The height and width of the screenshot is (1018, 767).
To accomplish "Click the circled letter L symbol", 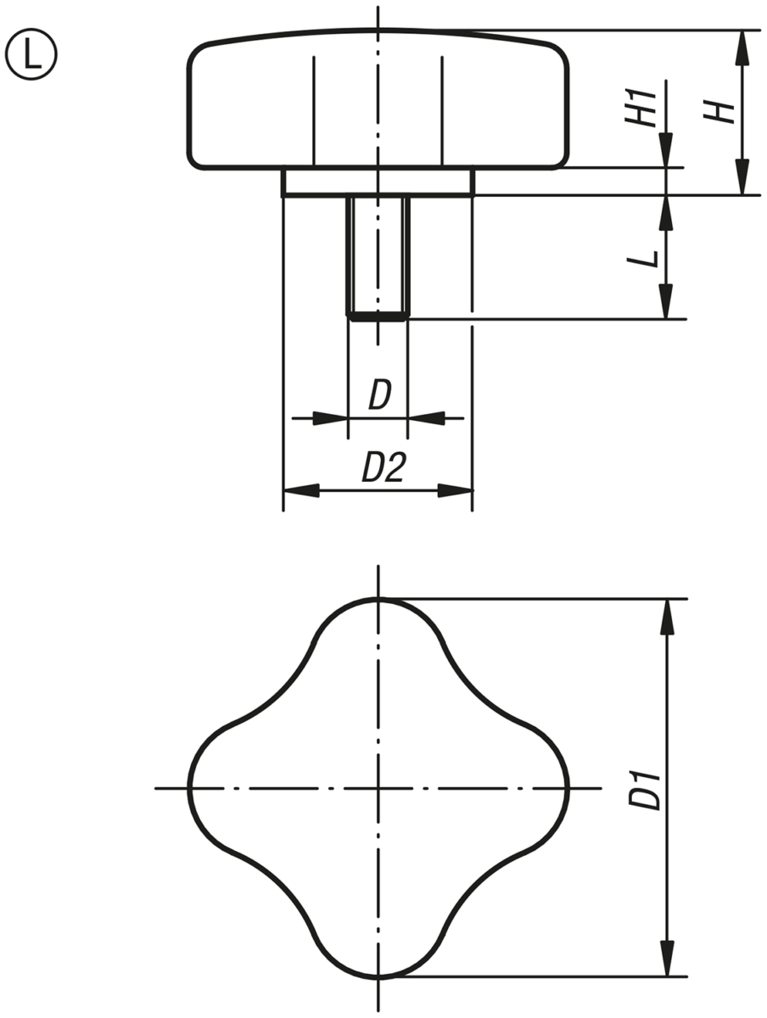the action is (x=31, y=54).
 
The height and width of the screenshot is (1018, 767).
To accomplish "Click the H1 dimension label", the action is (x=641, y=107).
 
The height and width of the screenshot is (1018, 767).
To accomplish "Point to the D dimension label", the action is (x=380, y=394).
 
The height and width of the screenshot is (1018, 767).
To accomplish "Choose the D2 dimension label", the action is (x=384, y=467).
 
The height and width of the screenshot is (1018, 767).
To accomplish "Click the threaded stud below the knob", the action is (x=378, y=257).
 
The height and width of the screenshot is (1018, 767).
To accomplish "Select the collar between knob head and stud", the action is (x=378, y=182).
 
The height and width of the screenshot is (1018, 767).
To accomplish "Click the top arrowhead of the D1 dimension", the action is (x=667, y=617).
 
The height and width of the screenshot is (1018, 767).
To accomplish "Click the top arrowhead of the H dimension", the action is (x=742, y=48).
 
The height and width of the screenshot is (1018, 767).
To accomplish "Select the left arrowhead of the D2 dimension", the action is (x=301, y=490).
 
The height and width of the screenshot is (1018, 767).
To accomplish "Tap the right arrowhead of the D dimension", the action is (x=427, y=418).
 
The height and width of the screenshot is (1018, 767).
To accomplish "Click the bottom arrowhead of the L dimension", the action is (x=666, y=301).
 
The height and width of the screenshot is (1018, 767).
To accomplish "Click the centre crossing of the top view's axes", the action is (x=378, y=787).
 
